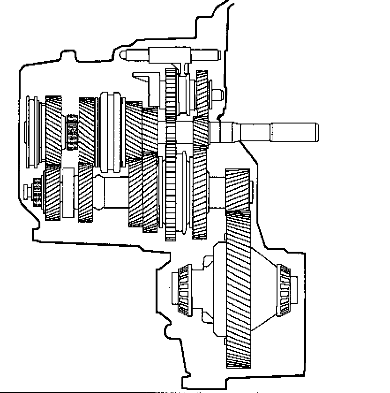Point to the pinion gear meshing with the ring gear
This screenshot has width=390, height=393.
pos(238,190)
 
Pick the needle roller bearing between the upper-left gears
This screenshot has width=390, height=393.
pos(71,132)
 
